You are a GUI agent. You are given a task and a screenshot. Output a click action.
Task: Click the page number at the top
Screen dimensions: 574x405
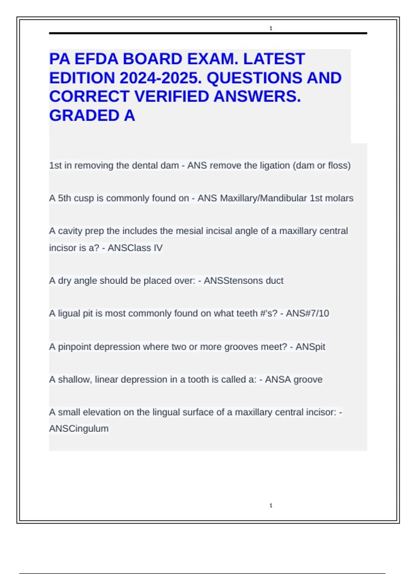tap(271, 28)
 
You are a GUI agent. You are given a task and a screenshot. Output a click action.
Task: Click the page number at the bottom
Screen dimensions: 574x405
tap(271, 505)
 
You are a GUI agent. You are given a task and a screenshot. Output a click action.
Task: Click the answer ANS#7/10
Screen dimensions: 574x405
tap(307, 313)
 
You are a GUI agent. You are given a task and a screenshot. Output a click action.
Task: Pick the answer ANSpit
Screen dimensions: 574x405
tap(310, 347)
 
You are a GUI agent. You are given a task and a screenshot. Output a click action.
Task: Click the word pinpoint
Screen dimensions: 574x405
tap(75, 347)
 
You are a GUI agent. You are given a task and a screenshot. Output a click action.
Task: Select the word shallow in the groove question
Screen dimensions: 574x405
tap(75, 380)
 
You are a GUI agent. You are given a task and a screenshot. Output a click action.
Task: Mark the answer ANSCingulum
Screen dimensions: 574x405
tap(79, 428)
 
